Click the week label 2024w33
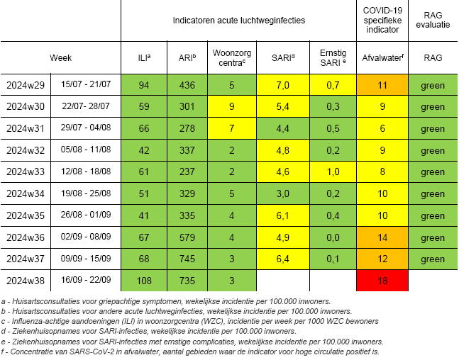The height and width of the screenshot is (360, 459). coord(26,171)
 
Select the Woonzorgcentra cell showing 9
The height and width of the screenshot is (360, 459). coord(231,106)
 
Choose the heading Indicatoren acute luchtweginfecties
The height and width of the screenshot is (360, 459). coord(238,21)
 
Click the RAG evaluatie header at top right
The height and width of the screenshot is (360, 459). coord(433,21)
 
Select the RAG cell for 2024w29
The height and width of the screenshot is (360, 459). coord(433,85)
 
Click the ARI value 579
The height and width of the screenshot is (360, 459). coord(187,237)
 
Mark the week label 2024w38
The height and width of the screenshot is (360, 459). coord(26,280)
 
